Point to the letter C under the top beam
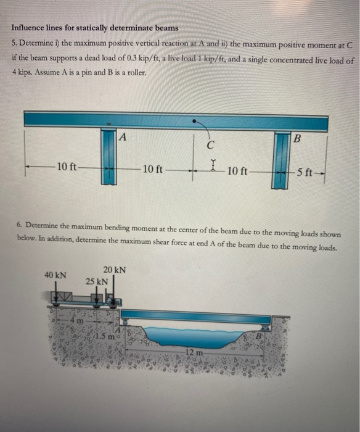coord(211,146)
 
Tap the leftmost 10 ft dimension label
coord(66,167)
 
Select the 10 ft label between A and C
coord(152,168)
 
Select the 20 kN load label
coord(115,270)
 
